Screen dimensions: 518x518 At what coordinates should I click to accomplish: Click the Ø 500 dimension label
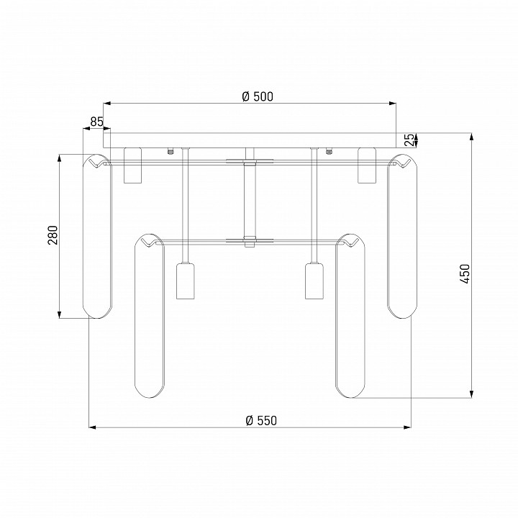coord(258,96)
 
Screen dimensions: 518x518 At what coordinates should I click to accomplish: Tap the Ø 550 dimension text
coord(261,421)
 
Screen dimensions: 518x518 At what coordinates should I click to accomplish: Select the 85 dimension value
coord(97,122)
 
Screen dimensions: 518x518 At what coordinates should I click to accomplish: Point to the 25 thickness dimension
coord(409,140)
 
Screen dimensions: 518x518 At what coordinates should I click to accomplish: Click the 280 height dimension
coord(53,235)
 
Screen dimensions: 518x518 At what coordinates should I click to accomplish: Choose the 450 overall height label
coord(465,274)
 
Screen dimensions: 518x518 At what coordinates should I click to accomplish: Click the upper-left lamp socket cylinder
coord(132,165)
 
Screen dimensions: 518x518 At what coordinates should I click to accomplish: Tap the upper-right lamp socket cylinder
coord(367,165)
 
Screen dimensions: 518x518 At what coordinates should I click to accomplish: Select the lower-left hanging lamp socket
coord(185,281)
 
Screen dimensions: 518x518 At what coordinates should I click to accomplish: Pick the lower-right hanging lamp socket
coord(314,281)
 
